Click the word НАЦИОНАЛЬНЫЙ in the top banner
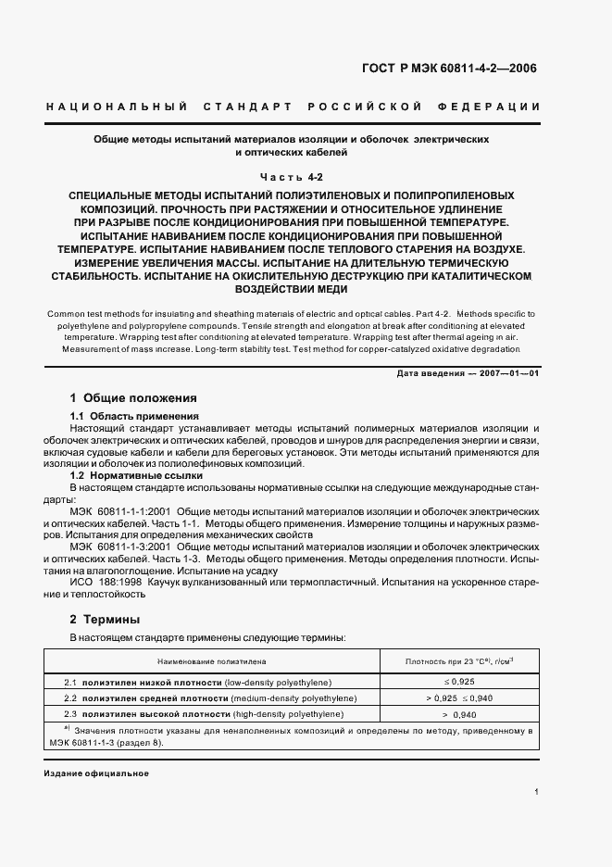tap(117, 107)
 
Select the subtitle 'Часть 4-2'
tap(296, 176)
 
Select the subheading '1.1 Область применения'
tap(134, 416)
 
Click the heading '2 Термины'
tap(106, 619)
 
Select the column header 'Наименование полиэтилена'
tap(212, 662)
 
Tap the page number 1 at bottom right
tap(536, 792)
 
